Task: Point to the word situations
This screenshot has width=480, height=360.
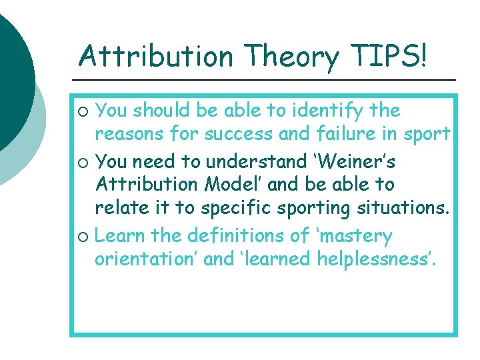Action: click(401, 208)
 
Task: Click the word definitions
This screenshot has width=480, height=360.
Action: click(231, 236)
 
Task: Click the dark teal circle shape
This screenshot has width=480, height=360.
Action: click(12, 73)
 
